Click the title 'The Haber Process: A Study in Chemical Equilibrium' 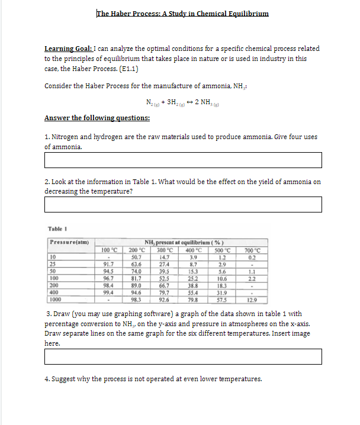tap(182, 14)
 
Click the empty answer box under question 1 tap(183, 160)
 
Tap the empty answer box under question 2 tap(183, 204)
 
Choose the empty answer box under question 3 tap(183, 356)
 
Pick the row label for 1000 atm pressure tap(57, 298)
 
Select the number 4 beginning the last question tap(47, 379)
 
